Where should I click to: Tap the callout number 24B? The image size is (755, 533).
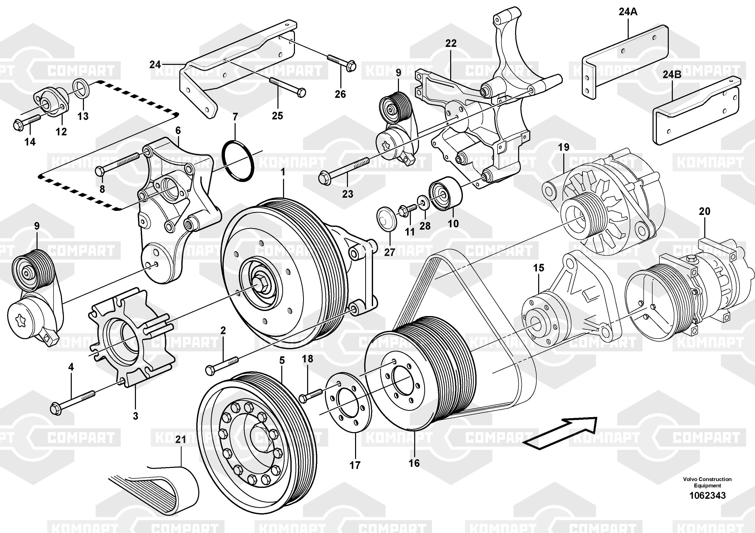pyautogui.click(x=672, y=75)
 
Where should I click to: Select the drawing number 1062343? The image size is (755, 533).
pyautogui.click(x=707, y=495)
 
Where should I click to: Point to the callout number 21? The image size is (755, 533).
pyautogui.click(x=181, y=439)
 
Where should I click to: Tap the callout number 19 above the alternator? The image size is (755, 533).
pyautogui.click(x=564, y=147)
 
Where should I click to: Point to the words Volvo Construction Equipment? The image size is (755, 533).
pyautogui.click(x=707, y=482)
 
